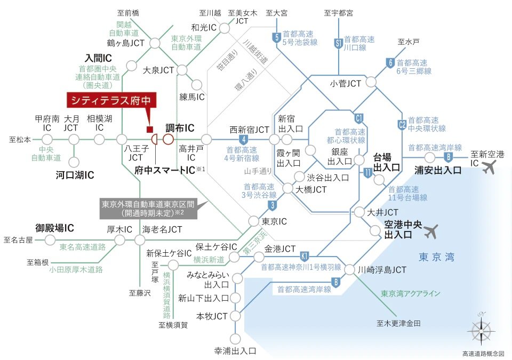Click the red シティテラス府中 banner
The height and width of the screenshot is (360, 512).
click(x=111, y=100)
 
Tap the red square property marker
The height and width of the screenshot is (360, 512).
click(x=149, y=130)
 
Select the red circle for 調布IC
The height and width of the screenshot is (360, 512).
click(x=168, y=140)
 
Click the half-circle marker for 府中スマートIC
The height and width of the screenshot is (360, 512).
click(x=155, y=140)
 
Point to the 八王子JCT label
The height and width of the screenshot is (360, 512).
click(x=136, y=153)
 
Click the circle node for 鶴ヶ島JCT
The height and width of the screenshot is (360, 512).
click(x=155, y=43)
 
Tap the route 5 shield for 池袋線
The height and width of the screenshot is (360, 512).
click(x=276, y=37)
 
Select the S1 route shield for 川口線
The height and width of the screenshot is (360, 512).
click(x=338, y=43)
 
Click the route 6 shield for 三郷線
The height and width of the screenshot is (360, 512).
click(x=390, y=63)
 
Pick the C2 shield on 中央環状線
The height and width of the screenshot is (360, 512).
click(x=402, y=125)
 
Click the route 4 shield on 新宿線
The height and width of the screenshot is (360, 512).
click(x=243, y=140)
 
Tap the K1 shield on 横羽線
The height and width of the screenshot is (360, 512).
click(x=305, y=257)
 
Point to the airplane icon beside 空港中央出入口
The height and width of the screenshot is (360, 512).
click(x=431, y=231)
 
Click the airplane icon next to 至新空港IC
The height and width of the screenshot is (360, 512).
click(x=489, y=167)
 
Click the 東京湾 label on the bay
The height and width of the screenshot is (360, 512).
click(x=437, y=257)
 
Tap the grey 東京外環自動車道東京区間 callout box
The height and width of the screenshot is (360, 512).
click(x=148, y=209)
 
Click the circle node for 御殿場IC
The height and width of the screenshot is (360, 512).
click(x=50, y=240)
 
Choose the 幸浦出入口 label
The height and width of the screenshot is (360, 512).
click(x=235, y=351)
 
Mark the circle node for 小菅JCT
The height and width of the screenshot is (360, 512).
click(x=371, y=82)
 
